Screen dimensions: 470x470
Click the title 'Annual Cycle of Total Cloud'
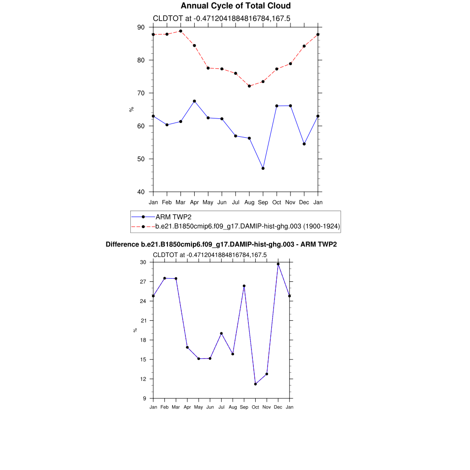click(x=235, y=6)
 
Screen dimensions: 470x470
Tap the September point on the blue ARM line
click(x=263, y=168)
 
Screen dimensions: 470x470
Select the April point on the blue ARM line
click(x=194, y=101)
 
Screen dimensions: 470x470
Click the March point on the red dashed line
click(x=180, y=31)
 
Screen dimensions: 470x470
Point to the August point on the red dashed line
click(x=249, y=86)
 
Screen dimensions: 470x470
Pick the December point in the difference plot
click(x=278, y=264)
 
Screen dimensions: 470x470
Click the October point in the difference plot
click(x=255, y=384)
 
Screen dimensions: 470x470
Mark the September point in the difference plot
click(x=244, y=286)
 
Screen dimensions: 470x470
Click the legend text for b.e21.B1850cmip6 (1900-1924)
click(x=248, y=226)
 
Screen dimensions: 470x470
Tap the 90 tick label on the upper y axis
click(x=141, y=27)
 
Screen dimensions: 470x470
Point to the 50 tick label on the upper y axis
click(x=141, y=159)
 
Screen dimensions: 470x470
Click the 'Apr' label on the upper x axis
click(x=194, y=202)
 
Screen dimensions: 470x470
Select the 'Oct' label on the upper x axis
click(x=277, y=202)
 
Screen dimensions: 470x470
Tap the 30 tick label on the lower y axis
click(x=143, y=262)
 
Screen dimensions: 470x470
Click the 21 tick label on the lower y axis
click(x=143, y=320)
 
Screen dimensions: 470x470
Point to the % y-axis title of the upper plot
click(x=131, y=109)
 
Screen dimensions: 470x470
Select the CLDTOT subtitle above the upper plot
click(x=221, y=18)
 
